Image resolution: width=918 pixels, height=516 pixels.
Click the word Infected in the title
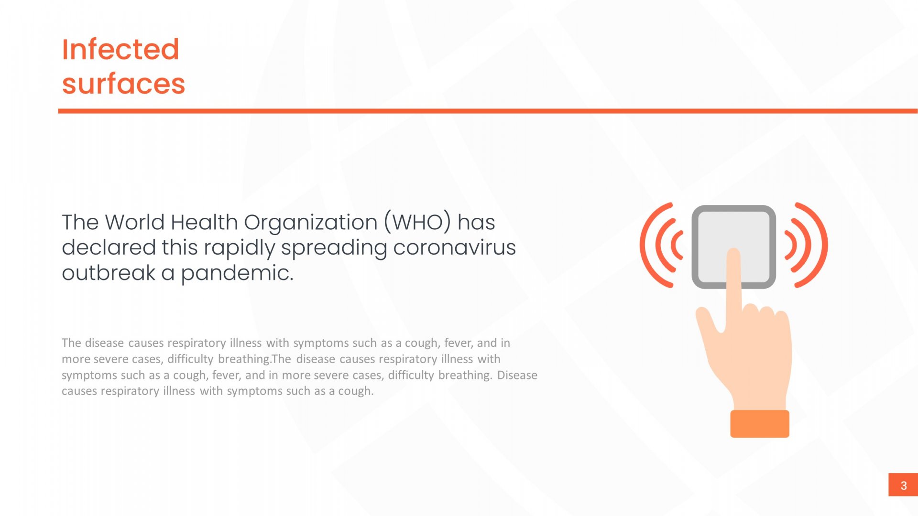click(x=120, y=49)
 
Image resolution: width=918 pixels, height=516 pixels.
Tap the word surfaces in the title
click(x=123, y=84)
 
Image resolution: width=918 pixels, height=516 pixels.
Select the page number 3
click(x=903, y=485)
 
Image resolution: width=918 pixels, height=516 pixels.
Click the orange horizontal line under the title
click(x=488, y=111)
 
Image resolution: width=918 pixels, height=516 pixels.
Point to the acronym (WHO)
click(x=417, y=223)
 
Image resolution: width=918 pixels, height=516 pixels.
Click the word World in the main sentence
click(x=135, y=222)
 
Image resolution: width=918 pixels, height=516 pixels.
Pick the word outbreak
click(x=109, y=273)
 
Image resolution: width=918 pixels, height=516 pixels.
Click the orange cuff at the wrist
click(x=760, y=424)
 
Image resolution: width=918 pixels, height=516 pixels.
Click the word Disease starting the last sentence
click(x=517, y=375)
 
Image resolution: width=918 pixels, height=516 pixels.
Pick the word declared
click(x=109, y=247)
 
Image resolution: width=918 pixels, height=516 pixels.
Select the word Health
click(x=204, y=222)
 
